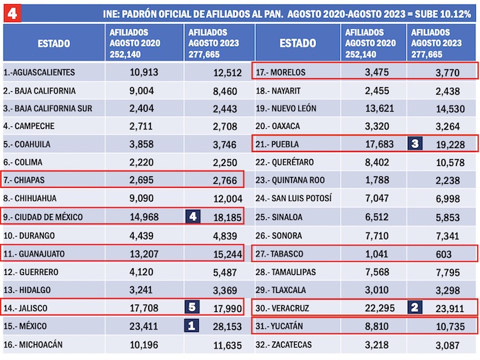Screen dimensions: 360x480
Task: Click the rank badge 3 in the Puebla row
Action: (x=415, y=144)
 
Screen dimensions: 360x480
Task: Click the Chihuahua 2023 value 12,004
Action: (x=218, y=200)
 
